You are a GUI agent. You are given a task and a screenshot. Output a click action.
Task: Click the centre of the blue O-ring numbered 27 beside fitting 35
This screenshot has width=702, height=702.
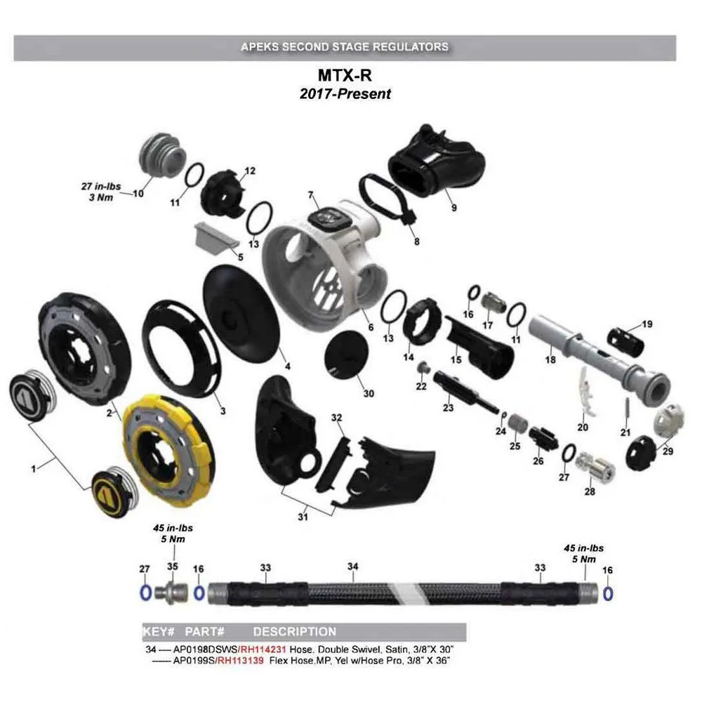click(145, 592)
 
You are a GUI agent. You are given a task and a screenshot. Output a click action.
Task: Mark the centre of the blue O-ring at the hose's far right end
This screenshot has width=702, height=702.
click(607, 594)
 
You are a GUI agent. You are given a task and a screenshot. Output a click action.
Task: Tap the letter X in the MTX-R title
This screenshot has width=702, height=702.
click(347, 75)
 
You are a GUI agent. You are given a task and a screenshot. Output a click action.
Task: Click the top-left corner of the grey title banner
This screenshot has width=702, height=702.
click(14, 35)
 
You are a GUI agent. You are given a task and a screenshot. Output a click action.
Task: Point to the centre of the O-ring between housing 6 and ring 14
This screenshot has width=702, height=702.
click(394, 306)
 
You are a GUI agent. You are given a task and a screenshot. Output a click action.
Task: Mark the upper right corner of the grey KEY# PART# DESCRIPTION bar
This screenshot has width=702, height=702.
click(467, 623)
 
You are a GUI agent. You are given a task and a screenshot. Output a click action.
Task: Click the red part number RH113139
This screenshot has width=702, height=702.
click(240, 661)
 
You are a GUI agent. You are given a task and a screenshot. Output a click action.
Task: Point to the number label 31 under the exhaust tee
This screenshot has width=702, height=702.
click(303, 517)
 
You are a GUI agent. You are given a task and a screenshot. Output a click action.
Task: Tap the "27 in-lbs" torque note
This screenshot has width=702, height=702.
click(101, 186)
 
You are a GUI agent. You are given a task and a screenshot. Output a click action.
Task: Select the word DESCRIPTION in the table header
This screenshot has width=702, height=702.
click(295, 631)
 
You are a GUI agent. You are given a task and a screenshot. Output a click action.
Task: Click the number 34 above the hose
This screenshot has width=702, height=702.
click(353, 567)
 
